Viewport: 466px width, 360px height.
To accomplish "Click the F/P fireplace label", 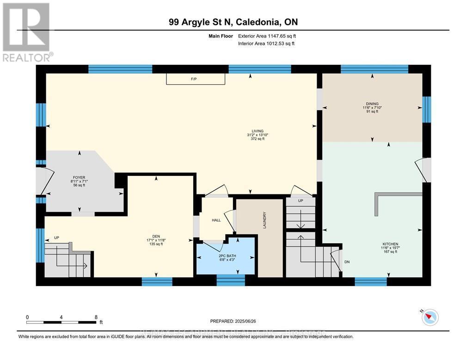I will coord(194,79).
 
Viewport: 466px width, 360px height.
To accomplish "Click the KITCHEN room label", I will coord(390,244).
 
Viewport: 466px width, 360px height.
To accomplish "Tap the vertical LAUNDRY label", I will coord(264,220).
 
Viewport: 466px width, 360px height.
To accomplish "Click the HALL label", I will coord(216,220).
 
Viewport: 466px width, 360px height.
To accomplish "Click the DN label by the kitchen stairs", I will coord(347,262).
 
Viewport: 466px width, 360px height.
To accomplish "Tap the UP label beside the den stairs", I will coord(56,238).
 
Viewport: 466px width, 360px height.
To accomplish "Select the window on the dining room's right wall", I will coord(427,109).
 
